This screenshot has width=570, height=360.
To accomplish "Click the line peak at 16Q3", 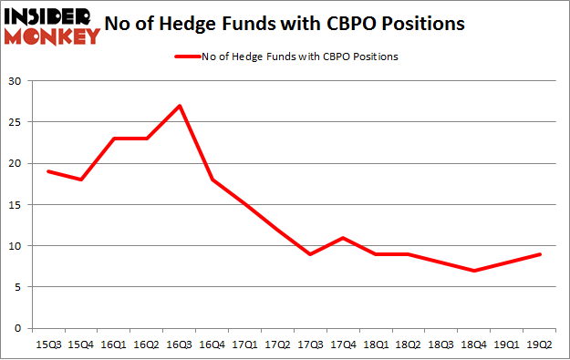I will tap(180, 106).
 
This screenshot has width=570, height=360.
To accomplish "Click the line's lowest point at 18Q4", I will tap(475, 271).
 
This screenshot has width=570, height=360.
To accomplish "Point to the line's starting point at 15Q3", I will tap(47, 171).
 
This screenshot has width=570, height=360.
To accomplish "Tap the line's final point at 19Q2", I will tap(541, 254).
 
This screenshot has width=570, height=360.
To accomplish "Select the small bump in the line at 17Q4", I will tap(344, 238).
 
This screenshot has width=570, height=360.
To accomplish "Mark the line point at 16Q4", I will tap(212, 180).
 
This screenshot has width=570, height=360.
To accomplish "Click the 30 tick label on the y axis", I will tap(16, 80).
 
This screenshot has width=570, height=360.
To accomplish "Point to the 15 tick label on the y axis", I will tap(16, 204).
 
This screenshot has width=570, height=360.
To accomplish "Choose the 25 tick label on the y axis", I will tap(16, 121).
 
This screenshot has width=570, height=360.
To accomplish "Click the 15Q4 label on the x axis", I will tap(80, 345).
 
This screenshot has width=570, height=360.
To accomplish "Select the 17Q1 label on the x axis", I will tap(244, 345).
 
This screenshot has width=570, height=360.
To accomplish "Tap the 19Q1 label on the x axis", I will tap(507, 345).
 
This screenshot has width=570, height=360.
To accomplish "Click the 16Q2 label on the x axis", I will tap(146, 345).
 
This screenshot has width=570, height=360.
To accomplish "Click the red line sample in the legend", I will tap(189, 57).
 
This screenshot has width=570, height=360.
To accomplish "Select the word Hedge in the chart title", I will tap(228, 24).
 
